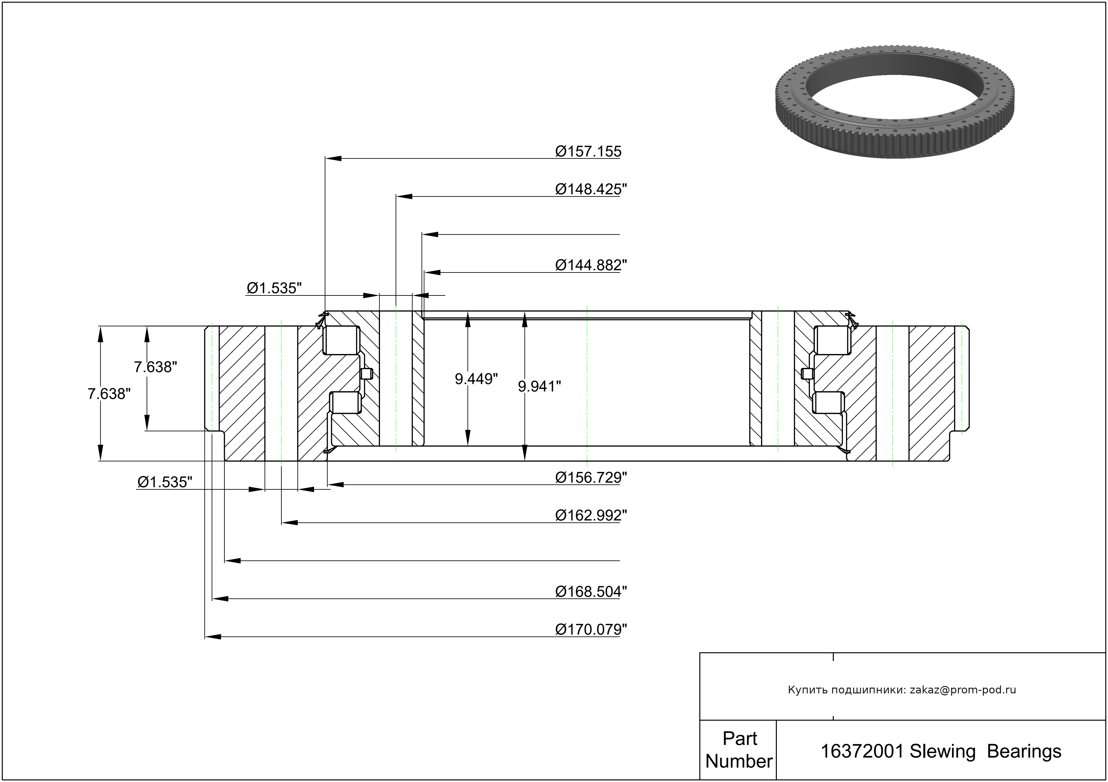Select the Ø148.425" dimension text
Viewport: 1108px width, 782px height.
pos(591,189)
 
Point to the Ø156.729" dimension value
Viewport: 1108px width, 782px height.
pos(591,477)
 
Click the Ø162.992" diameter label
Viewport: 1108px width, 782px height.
pos(591,515)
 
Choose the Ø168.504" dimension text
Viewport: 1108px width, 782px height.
pos(591,592)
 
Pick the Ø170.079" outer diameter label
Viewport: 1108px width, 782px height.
pos(591,629)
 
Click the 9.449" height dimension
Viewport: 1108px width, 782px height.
pos(476,379)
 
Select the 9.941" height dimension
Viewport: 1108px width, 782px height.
pos(539,386)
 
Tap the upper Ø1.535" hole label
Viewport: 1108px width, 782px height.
pos(274,288)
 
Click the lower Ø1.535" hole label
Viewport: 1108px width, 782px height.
pos(165,482)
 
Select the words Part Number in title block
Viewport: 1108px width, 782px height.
pos(739,750)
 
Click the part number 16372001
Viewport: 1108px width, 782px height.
pos(862,752)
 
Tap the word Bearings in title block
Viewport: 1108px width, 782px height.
pos(1024,752)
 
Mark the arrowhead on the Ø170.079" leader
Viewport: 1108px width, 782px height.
pos(213,637)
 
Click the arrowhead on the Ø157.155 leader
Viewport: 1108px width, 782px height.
pos(333,158)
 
